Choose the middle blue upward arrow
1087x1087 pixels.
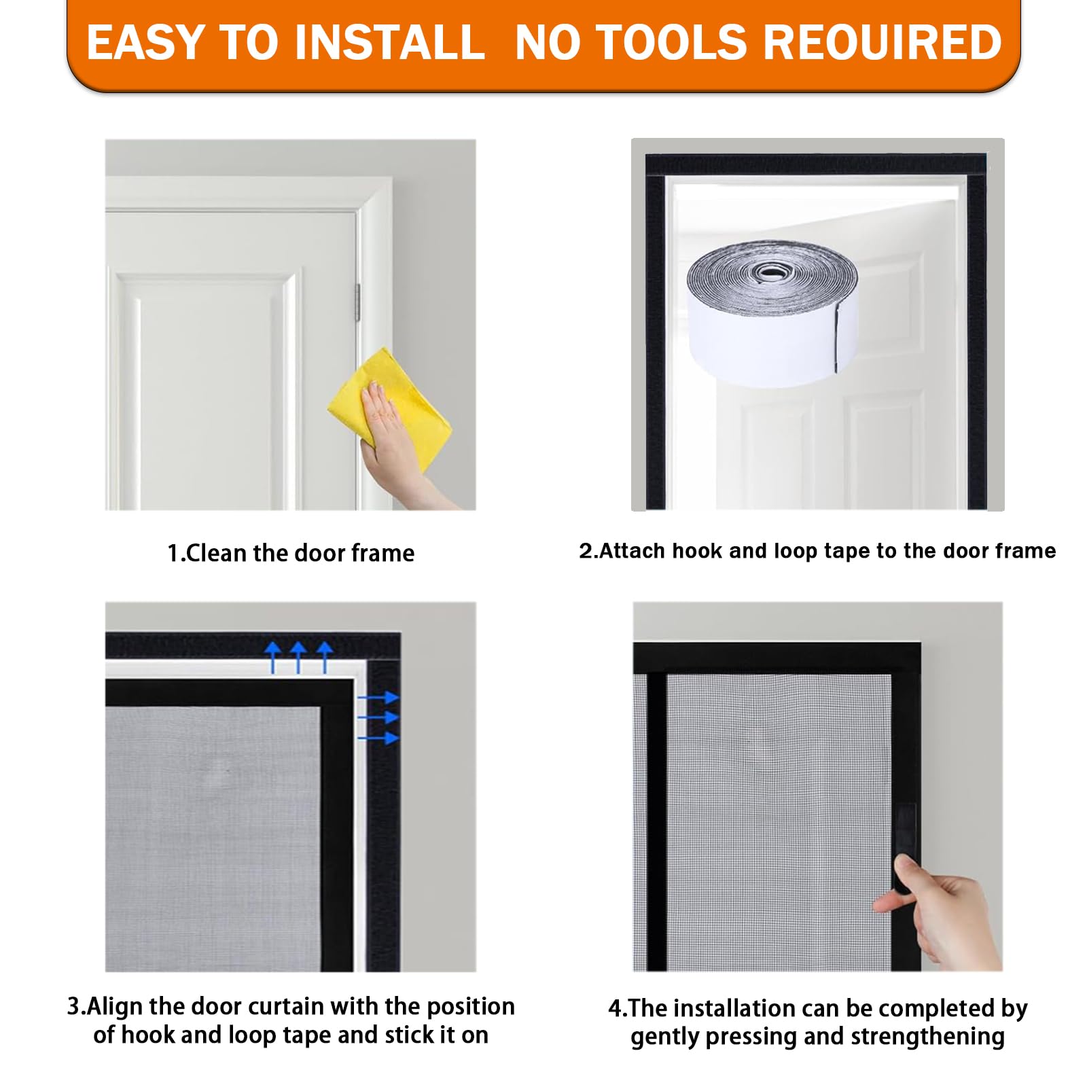(298, 657)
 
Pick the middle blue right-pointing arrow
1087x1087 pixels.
(378, 717)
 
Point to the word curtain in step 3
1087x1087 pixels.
(290, 1006)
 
